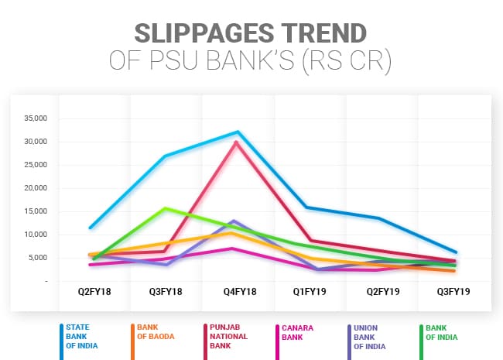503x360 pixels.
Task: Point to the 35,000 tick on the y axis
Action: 35,118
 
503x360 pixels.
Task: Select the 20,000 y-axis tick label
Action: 35,188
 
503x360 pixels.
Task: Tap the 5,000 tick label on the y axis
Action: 37,258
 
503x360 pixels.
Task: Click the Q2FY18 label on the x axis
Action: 92,292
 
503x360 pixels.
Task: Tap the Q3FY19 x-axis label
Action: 455,292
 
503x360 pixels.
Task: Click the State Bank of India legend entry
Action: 81,336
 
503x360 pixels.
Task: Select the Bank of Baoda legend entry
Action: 155,331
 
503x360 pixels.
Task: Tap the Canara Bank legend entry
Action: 296,331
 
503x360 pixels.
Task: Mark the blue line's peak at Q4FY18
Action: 238,132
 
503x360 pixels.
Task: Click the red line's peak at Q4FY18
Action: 236,142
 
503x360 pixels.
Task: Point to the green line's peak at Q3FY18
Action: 165,208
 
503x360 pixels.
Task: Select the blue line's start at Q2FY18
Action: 91,228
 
